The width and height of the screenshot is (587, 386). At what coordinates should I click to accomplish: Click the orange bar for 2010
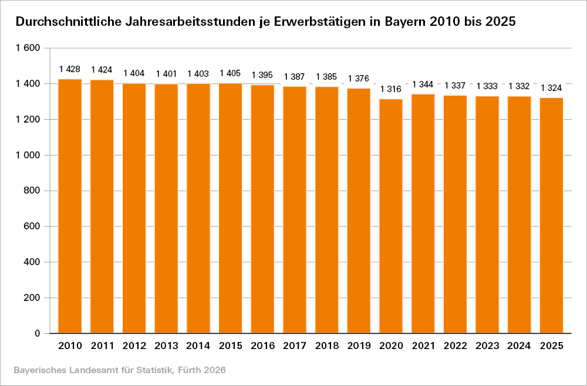click(x=70, y=205)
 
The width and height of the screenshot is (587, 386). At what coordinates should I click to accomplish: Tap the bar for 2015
click(x=231, y=208)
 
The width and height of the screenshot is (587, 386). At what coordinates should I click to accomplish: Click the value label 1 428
click(x=70, y=69)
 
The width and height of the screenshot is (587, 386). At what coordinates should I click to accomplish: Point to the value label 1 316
click(x=391, y=89)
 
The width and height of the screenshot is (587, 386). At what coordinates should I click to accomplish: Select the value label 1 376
click(x=359, y=79)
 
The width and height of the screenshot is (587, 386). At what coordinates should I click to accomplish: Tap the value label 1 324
click(x=552, y=88)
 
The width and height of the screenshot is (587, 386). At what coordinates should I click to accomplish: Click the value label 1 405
click(x=231, y=73)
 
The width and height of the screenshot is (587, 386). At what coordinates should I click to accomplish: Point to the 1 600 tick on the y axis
click(x=28, y=48)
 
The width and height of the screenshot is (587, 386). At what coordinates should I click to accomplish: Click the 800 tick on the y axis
click(x=32, y=191)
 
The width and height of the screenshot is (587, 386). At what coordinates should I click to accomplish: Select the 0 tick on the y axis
click(x=38, y=333)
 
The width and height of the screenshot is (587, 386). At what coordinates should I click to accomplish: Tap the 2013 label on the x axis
click(x=166, y=346)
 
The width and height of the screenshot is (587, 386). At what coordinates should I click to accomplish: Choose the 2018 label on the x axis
click(x=327, y=346)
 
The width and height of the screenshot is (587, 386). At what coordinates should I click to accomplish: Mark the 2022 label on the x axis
click(x=456, y=346)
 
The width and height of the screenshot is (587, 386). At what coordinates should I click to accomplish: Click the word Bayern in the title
click(x=406, y=23)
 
